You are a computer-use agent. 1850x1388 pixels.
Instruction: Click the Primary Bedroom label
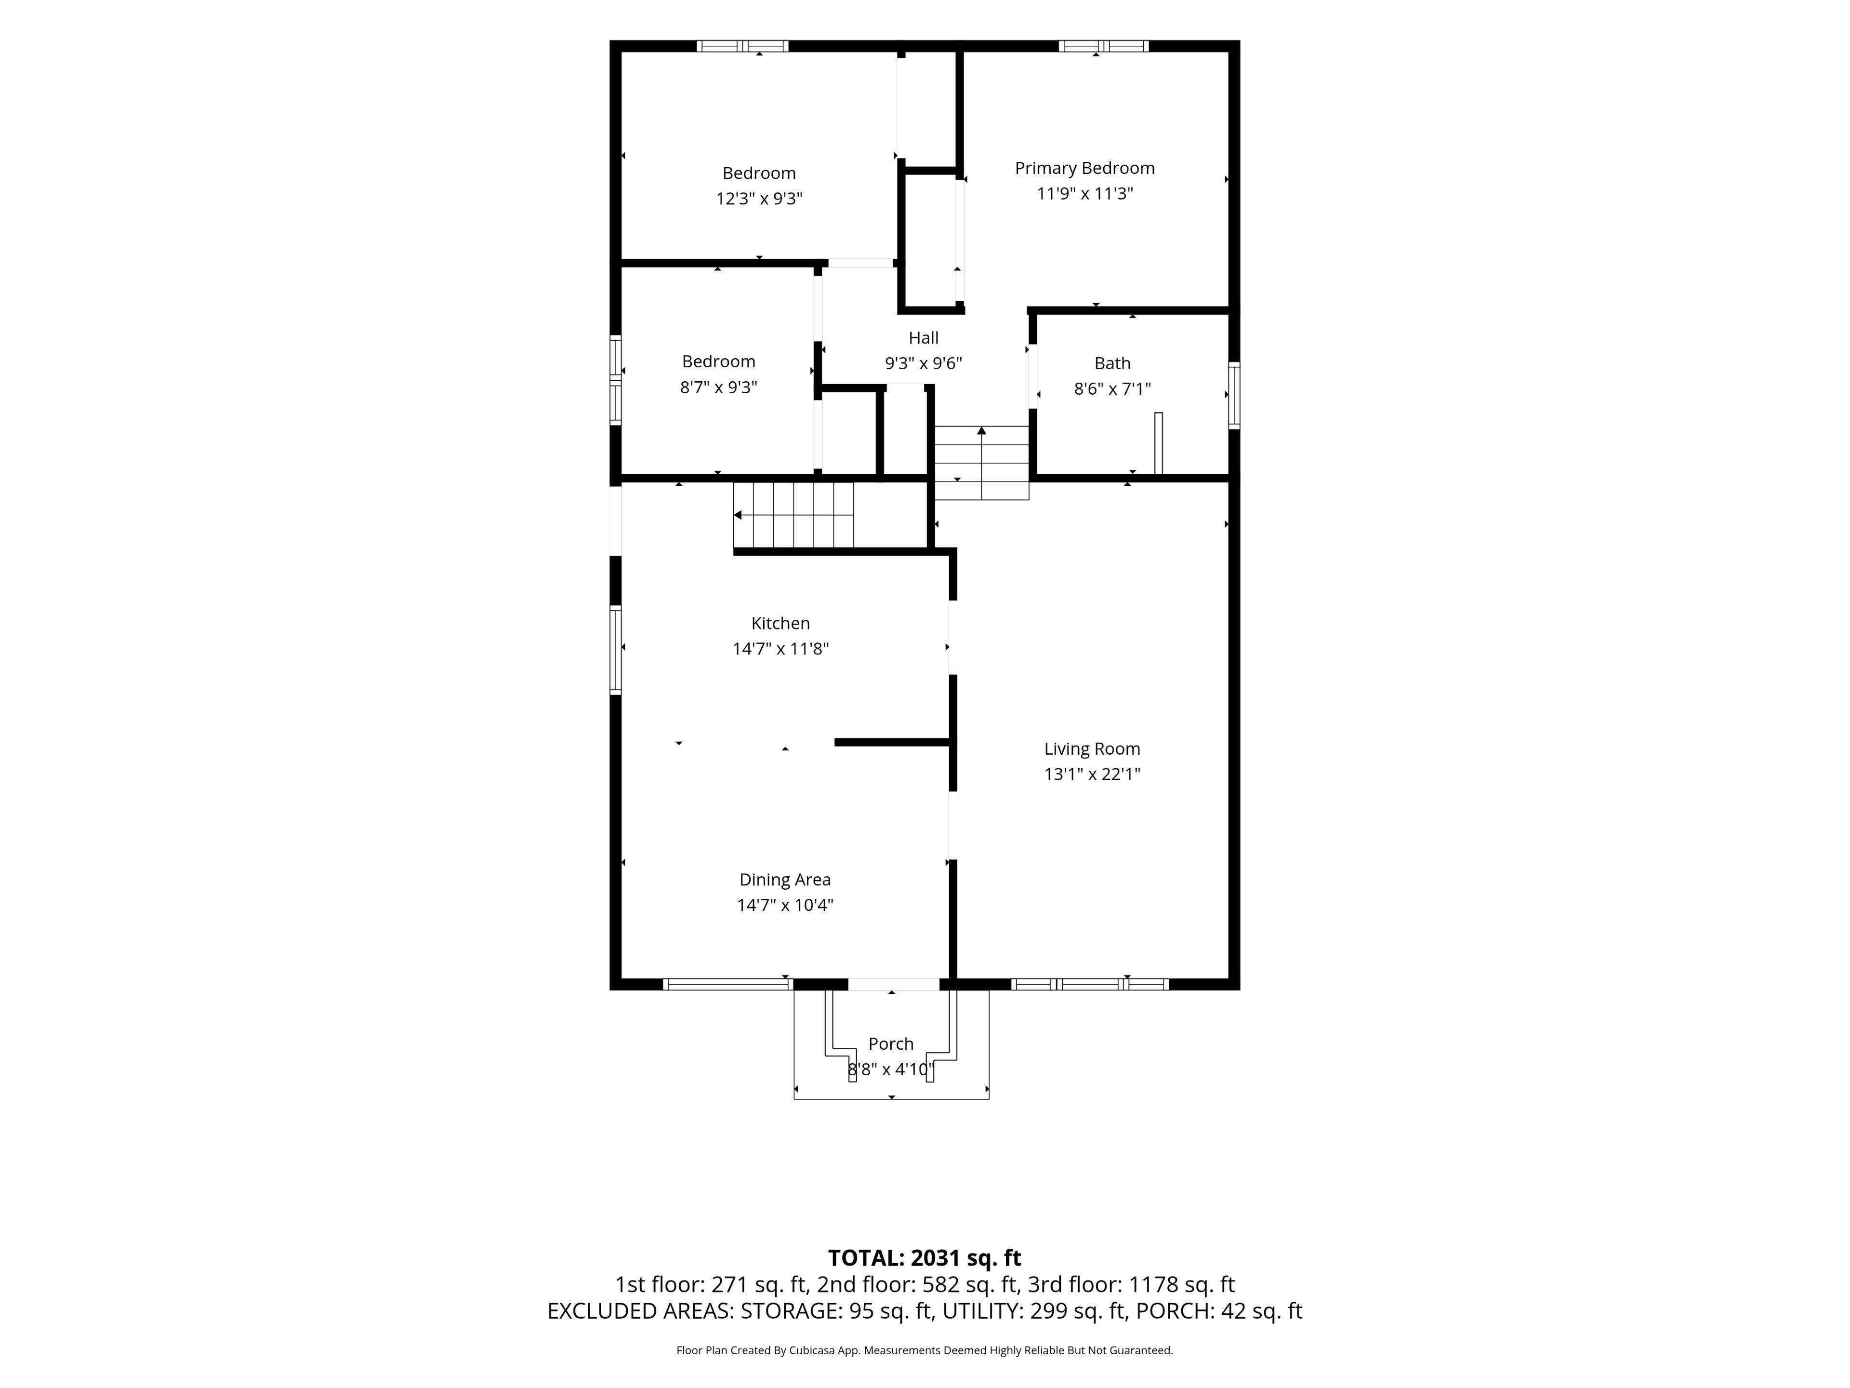tap(1085, 168)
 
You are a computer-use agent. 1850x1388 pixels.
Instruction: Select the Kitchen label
tap(780, 623)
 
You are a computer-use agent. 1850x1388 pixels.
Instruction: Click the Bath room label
tap(1112, 363)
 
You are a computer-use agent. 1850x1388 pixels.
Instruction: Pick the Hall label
tap(924, 338)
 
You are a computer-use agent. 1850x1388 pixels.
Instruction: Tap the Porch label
tap(891, 1044)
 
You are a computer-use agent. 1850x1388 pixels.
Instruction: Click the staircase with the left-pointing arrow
tap(793, 515)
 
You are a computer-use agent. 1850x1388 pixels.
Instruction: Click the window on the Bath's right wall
tap(1234, 396)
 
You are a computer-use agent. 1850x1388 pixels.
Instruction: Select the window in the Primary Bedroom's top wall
tap(1103, 46)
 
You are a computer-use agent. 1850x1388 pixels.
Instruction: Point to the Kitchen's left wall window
tap(616, 650)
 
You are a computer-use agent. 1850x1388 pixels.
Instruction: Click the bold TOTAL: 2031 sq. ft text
tap(924, 1258)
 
